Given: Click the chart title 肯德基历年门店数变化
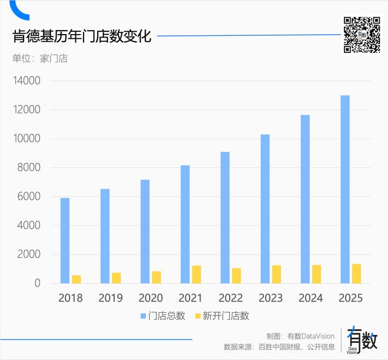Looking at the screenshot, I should pyautogui.click(x=82, y=36).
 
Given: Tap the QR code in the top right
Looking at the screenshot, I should pyautogui.click(x=362, y=35).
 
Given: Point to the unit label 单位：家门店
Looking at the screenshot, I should pyautogui.click(x=40, y=58).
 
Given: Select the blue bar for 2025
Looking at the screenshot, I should pyautogui.click(x=345, y=189).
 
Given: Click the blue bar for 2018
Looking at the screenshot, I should pyautogui.click(x=65, y=241).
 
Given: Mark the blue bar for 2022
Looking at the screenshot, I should pyautogui.click(x=225, y=218).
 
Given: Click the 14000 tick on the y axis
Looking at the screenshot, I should pyautogui.click(x=25, y=81).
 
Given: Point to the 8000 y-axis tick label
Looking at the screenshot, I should pyautogui.click(x=28, y=168).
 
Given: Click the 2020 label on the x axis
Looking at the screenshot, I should pyautogui.click(x=150, y=298).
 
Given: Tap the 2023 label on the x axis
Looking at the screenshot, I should pyautogui.click(x=270, y=298).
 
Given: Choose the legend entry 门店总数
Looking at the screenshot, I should pyautogui.click(x=163, y=316).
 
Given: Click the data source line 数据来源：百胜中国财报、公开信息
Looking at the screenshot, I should pyautogui.click(x=279, y=346).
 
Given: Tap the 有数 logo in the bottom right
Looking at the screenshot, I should pyautogui.click(x=361, y=340).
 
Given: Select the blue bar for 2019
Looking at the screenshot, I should pyautogui.click(x=105, y=236).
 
